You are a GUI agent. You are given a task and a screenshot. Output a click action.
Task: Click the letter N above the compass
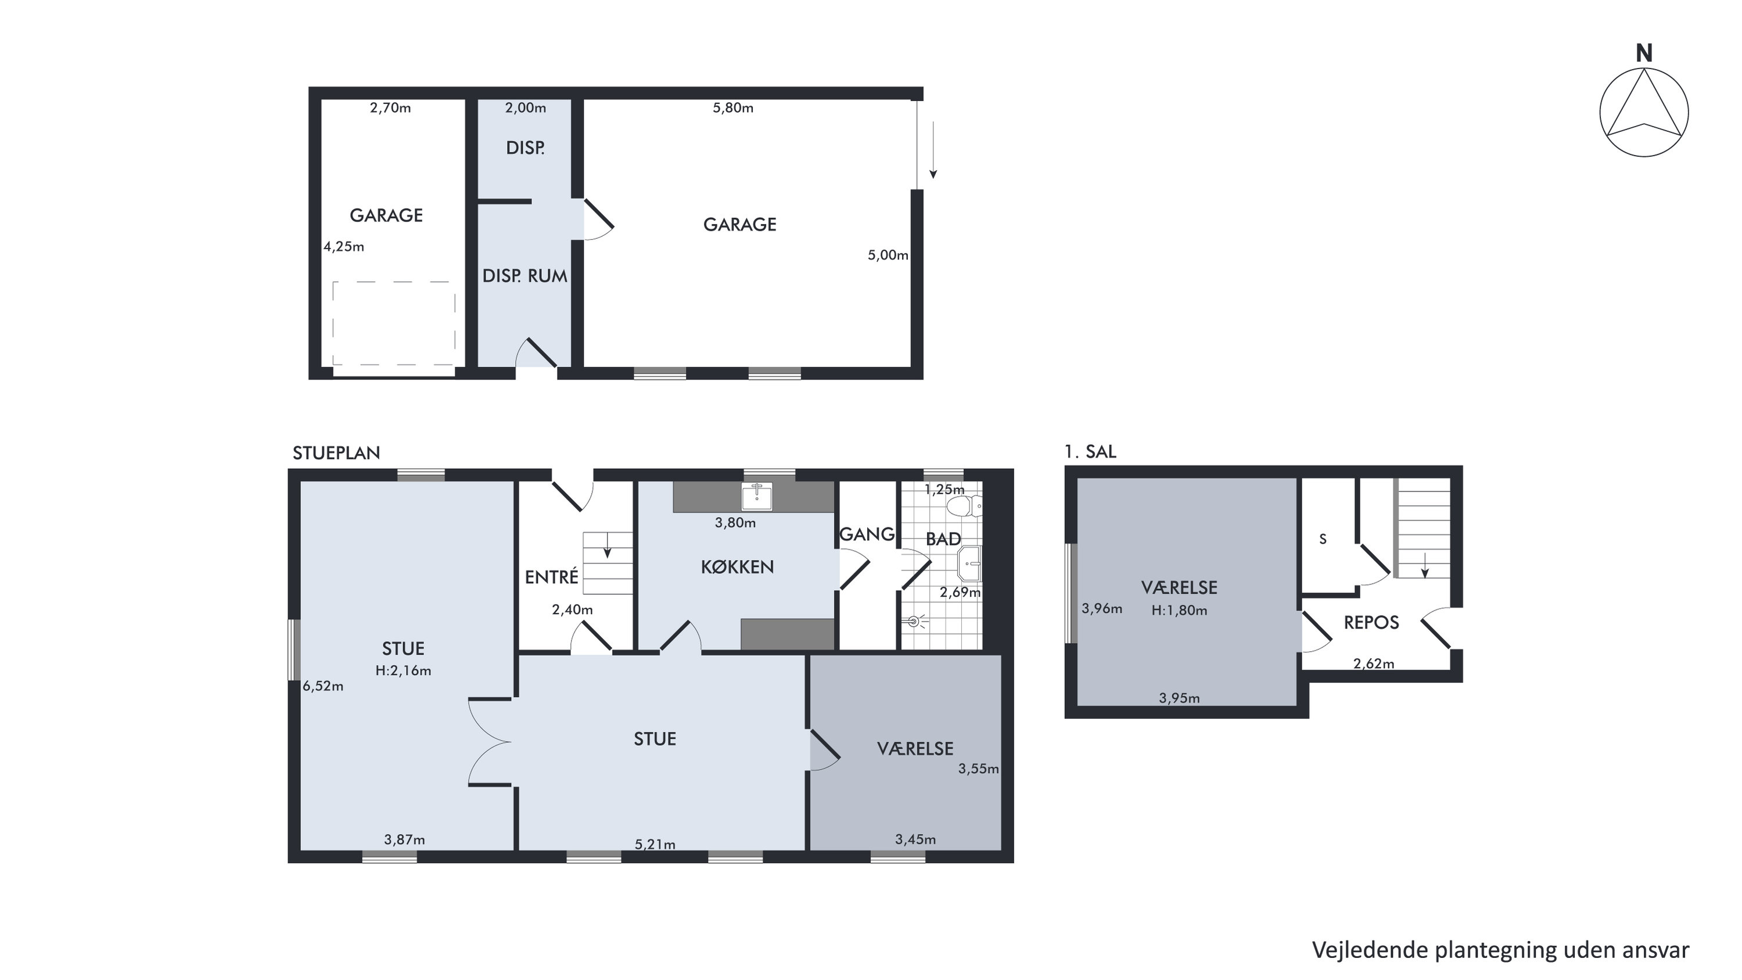[x=1644, y=53]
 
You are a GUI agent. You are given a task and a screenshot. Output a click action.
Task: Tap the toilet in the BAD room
[x=965, y=505]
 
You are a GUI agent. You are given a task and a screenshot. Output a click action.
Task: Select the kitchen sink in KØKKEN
[x=757, y=497]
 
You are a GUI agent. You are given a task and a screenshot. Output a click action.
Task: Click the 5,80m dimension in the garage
[x=733, y=108]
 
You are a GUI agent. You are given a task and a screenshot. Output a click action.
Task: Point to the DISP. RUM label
[x=525, y=276]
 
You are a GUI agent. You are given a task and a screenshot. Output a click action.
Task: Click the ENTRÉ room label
[x=552, y=577]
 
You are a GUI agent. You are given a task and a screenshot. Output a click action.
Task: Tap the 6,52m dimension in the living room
[x=323, y=687]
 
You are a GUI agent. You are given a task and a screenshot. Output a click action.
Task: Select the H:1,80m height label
[x=1179, y=611]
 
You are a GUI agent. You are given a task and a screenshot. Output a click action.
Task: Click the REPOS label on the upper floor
[x=1371, y=623]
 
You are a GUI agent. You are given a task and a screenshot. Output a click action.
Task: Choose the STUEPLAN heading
[x=336, y=453]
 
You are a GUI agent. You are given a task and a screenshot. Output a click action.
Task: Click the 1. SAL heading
[x=1090, y=452]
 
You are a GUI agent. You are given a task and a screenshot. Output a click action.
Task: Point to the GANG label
[x=867, y=534]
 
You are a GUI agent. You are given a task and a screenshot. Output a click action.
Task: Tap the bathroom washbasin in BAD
[x=969, y=564]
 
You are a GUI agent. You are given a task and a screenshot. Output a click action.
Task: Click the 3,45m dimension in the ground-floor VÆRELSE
[x=915, y=840]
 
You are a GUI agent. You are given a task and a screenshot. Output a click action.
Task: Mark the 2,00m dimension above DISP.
[x=526, y=108]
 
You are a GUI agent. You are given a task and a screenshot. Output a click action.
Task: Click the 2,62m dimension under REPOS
[x=1374, y=664]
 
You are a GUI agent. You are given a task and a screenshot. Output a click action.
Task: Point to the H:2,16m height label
[x=404, y=671]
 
